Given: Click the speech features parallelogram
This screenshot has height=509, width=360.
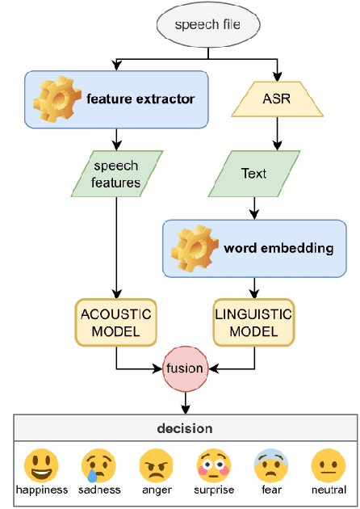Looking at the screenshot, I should click(x=116, y=174).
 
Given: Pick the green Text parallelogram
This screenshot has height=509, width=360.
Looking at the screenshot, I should click(x=253, y=174).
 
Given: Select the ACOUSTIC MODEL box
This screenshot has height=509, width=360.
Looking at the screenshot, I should click(x=116, y=321).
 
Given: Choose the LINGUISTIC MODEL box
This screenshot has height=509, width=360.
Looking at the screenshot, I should click(x=253, y=321).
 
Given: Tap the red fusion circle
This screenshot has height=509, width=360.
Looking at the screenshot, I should click(x=185, y=368).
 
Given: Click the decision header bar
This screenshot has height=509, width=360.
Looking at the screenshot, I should click(x=186, y=428).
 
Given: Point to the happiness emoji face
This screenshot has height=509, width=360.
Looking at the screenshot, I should click(x=40, y=465).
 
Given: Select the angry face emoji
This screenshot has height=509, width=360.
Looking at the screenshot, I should click(x=156, y=465).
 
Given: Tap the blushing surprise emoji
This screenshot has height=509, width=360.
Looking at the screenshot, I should click(x=214, y=465).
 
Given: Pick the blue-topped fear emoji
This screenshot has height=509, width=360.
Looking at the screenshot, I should click(x=273, y=465).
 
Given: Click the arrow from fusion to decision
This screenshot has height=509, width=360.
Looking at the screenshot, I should click(x=185, y=401).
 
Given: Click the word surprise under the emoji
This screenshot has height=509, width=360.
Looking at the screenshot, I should click(x=214, y=490).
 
